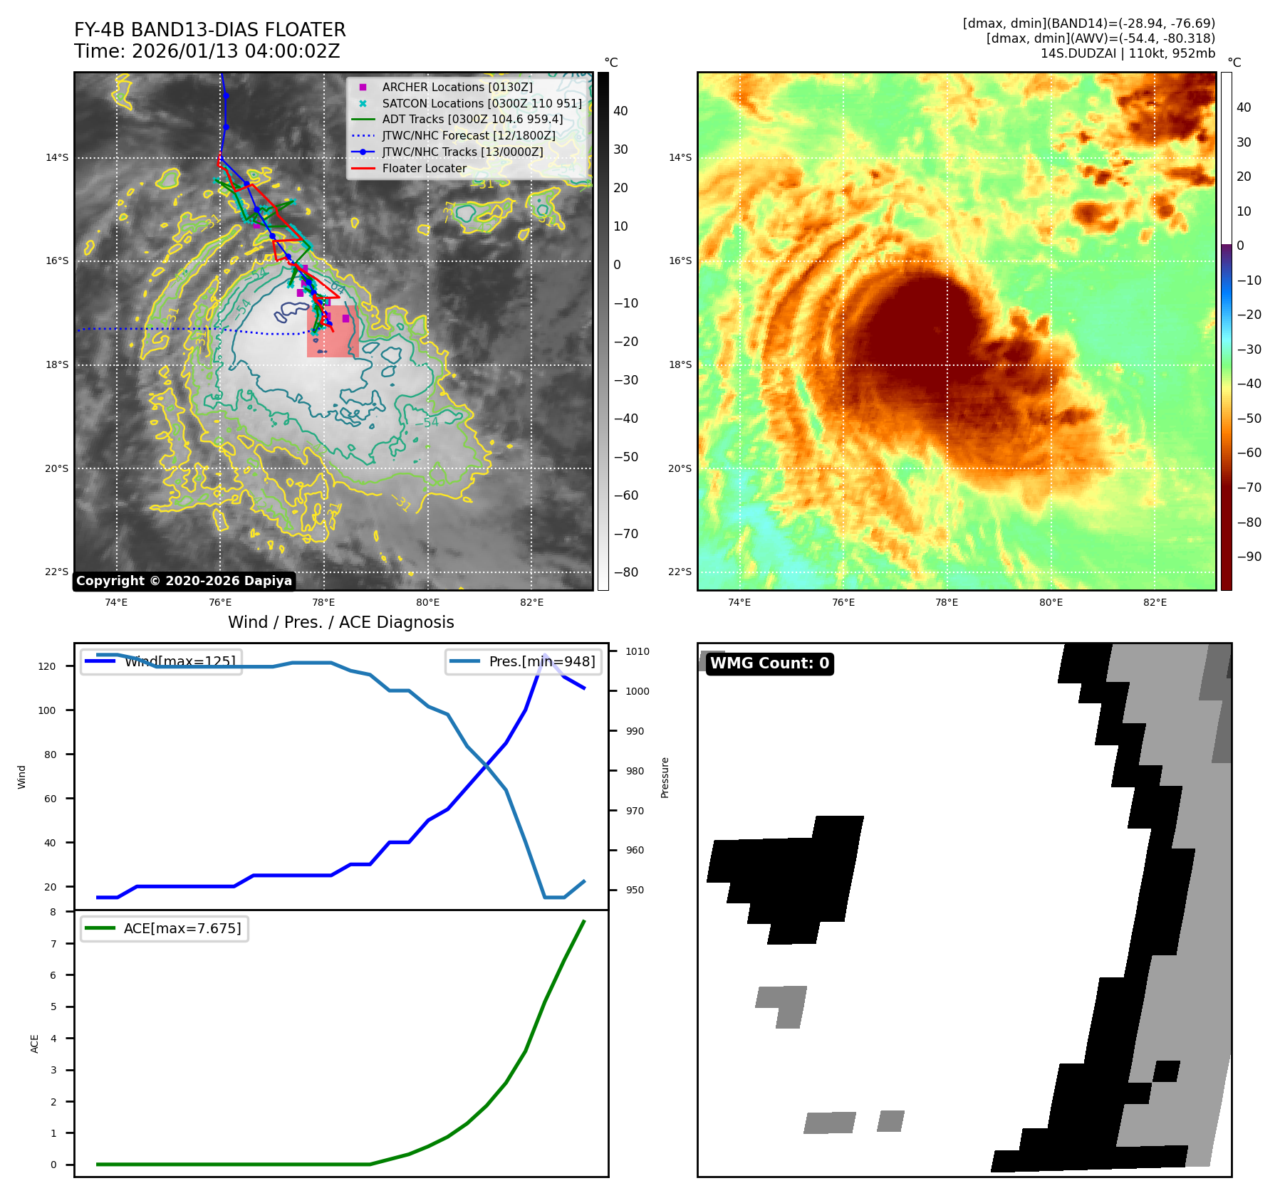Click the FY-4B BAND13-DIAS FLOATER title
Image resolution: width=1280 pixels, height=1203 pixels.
209,30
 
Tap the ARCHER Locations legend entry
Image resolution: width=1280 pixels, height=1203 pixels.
457,87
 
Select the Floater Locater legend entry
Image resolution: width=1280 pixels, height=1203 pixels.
424,168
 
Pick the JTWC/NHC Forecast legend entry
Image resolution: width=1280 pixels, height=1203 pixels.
468,135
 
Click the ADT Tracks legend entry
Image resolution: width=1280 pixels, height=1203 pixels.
472,119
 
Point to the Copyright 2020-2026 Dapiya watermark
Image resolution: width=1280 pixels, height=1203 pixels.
184,581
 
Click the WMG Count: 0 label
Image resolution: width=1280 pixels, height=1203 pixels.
769,663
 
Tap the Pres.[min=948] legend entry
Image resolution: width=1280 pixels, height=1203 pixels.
524,661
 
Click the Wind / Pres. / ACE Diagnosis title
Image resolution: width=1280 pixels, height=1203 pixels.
340,622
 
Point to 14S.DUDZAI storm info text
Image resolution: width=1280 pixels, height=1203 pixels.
1128,53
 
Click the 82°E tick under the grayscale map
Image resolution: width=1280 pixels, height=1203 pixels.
531,602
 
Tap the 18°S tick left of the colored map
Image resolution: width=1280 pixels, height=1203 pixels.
680,364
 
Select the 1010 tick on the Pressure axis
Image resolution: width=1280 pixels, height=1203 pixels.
638,651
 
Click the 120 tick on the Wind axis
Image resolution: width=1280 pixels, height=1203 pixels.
47,666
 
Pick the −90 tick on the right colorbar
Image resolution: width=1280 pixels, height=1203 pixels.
1249,557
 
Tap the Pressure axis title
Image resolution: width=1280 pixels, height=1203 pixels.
665,777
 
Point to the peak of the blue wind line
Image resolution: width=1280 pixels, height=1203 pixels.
545,655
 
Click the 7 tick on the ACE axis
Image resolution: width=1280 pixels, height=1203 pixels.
53,944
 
